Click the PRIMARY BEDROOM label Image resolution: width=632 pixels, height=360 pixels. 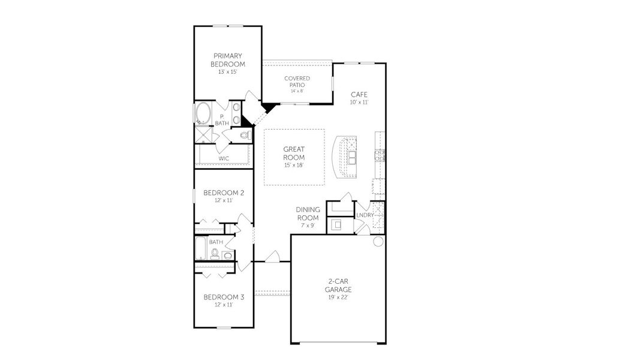(x=228, y=60)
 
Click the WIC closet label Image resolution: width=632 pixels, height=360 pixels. (x=224, y=158)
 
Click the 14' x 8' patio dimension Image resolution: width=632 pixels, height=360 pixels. (x=297, y=91)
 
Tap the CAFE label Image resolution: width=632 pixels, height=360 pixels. (x=359, y=95)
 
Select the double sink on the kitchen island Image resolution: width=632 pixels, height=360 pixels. (x=351, y=157)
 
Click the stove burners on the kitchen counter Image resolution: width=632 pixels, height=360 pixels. (x=379, y=157)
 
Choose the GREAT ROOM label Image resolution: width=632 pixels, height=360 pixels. (x=294, y=154)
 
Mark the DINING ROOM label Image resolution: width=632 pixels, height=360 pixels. (x=308, y=214)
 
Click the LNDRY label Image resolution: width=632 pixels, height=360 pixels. (x=365, y=215)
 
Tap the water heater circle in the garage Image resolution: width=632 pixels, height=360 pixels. (x=378, y=241)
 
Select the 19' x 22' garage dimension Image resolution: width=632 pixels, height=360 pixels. (x=339, y=298)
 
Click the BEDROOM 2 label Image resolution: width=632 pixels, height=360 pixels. (x=224, y=193)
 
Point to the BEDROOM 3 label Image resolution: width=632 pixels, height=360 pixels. (x=224, y=296)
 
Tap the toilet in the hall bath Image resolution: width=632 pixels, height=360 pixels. (x=227, y=256)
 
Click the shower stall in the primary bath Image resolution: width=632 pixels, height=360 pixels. (x=204, y=134)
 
